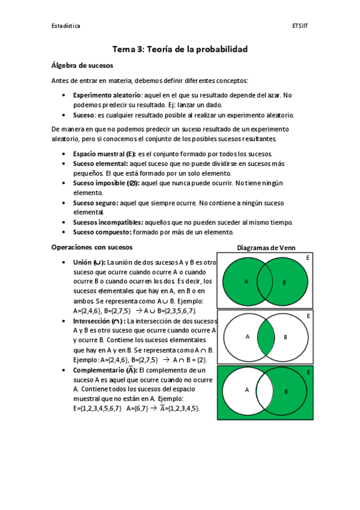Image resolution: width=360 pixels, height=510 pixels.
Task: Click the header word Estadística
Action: pyautogui.click(x=66, y=26)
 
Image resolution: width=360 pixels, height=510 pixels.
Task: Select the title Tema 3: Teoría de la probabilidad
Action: pyautogui.click(x=180, y=49)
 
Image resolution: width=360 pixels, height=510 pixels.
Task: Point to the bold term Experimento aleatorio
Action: pyautogui.click(x=106, y=95)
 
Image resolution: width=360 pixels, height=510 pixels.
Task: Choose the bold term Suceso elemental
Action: pyautogui.click(x=100, y=164)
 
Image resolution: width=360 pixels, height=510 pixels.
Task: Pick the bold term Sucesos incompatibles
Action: pyautogui.click(x=108, y=222)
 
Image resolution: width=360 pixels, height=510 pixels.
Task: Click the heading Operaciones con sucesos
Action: pyautogui.click(x=92, y=247)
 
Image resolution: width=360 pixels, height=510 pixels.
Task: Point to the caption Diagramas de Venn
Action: pyautogui.click(x=266, y=248)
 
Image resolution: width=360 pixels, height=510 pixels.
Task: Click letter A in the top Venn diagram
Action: pyautogui.click(x=246, y=281)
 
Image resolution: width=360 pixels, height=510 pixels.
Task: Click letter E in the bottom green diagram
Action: pyautogui.click(x=309, y=373)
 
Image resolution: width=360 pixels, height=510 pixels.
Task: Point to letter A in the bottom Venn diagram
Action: pyautogui.click(x=247, y=390)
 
